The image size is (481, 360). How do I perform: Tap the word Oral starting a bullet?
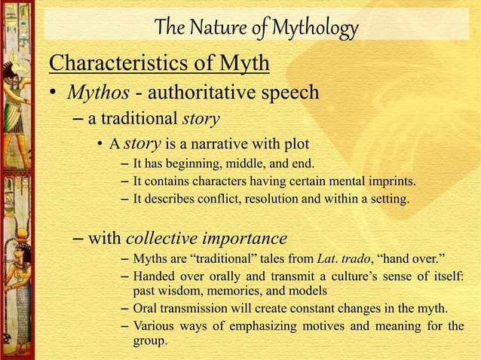[145, 309]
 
